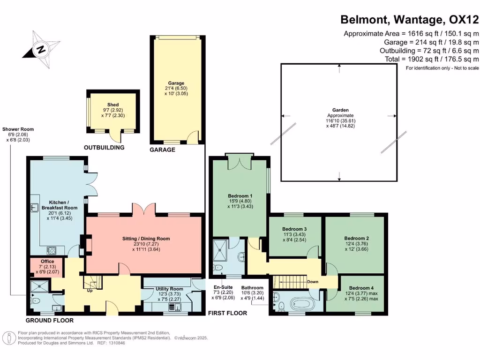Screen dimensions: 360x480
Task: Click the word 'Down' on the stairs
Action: click(x=313, y=282)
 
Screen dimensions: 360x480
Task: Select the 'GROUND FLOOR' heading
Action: click(x=49, y=321)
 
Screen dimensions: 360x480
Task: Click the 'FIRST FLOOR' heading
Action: click(x=227, y=313)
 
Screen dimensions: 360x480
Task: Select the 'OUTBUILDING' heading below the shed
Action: click(x=104, y=147)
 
